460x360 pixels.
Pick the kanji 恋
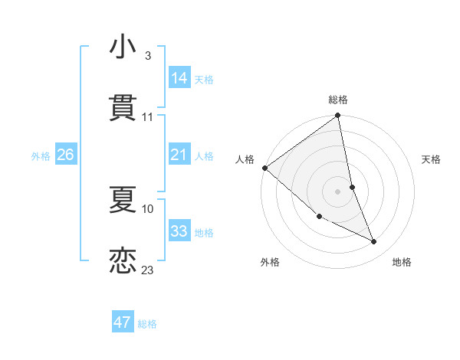123,260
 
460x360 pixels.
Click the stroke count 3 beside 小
147,56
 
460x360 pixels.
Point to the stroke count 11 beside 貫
148,117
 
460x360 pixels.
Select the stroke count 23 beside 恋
148,270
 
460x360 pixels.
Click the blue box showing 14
179,78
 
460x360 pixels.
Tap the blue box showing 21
179,155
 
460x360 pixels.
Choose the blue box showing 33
179,231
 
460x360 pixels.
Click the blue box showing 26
65,155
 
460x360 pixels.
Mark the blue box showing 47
122,322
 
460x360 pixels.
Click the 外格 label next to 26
41,156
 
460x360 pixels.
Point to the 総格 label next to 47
147,324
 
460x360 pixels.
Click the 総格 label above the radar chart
338,100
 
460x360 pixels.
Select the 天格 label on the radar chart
432,159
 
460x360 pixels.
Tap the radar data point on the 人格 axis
264,168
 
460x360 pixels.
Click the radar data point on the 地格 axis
374,242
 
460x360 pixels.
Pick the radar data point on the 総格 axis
338,116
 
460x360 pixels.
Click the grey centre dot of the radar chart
338,191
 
